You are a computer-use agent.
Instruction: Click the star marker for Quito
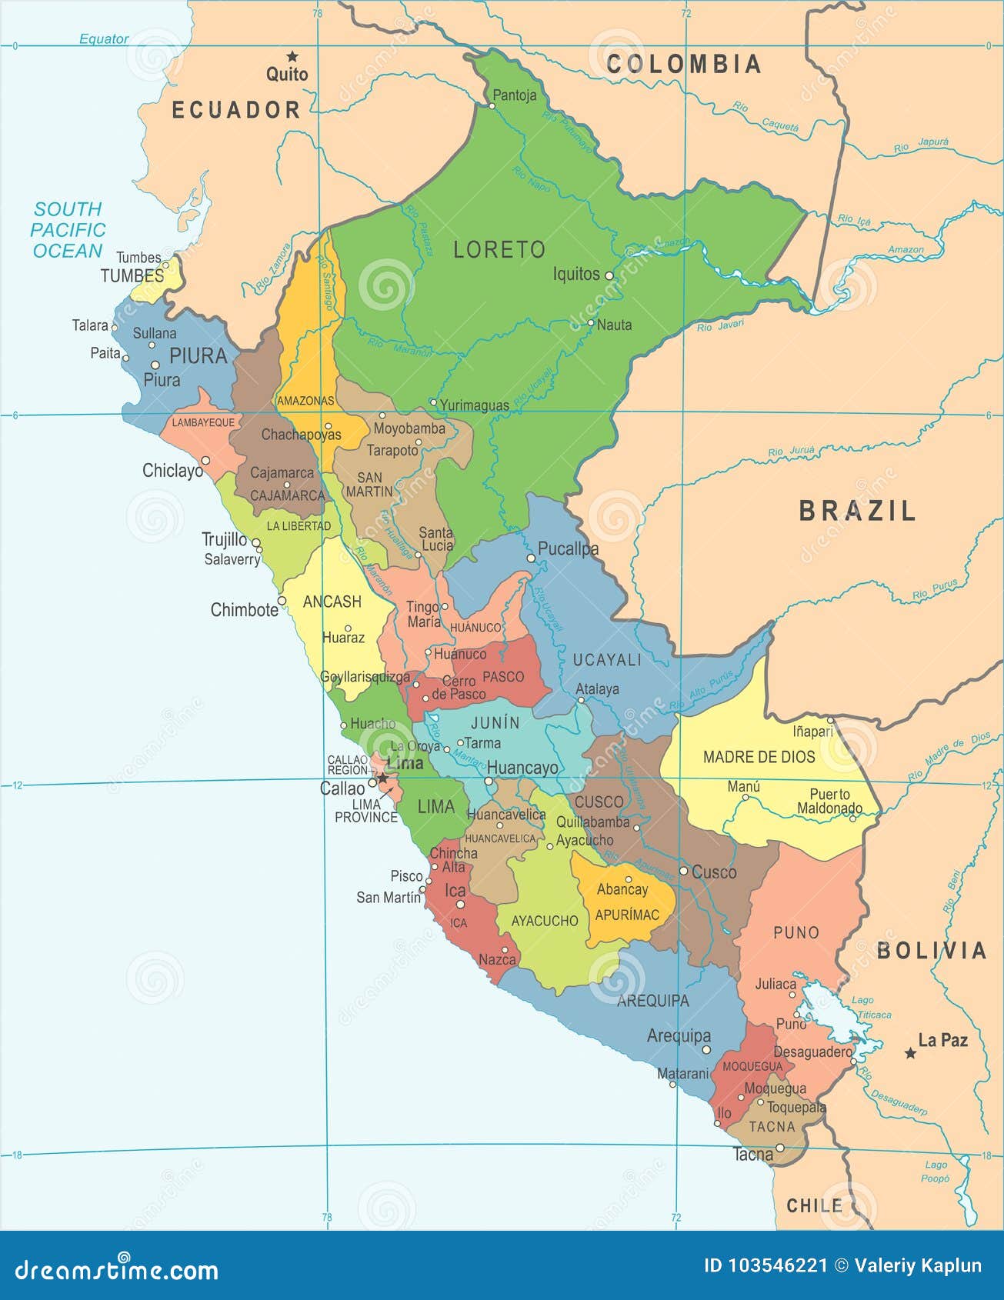click(292, 56)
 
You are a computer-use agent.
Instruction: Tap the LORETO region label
click(499, 250)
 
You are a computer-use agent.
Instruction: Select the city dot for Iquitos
click(609, 275)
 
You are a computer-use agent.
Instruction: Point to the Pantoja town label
click(514, 95)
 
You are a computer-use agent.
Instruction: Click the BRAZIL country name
click(857, 512)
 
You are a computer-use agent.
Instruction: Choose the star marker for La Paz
click(910, 1053)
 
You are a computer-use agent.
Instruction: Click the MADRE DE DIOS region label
click(759, 757)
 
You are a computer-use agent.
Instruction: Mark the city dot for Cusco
click(683, 872)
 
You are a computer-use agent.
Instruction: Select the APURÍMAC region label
click(627, 915)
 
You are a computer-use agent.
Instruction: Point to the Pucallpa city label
click(568, 549)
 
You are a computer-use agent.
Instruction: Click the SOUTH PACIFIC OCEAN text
click(68, 230)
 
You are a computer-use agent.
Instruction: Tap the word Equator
click(104, 38)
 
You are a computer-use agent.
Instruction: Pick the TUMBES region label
click(132, 275)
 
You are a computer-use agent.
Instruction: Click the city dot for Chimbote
click(282, 601)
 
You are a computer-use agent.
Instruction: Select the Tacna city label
click(752, 1155)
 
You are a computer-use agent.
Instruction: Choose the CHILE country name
click(814, 1205)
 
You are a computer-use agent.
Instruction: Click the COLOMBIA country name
click(684, 65)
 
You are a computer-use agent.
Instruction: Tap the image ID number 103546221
click(778, 1265)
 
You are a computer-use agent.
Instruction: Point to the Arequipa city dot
click(706, 1049)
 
